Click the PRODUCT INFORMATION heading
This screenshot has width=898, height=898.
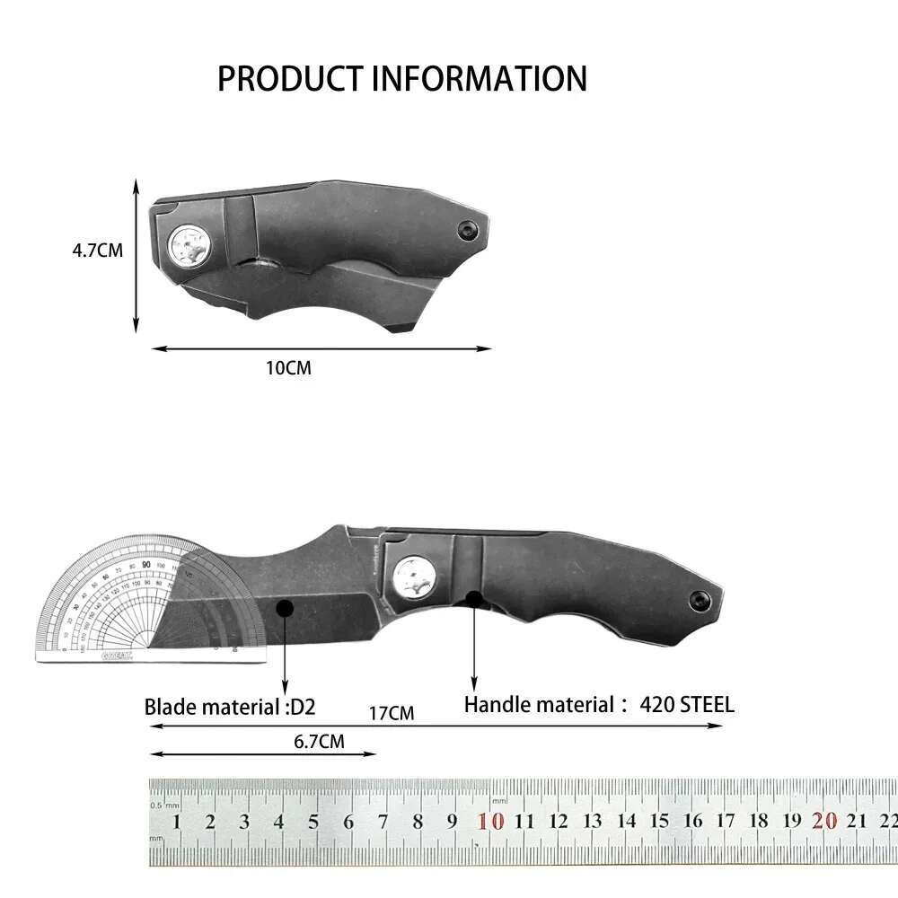coord(401,79)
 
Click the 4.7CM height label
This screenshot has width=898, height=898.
coord(97,251)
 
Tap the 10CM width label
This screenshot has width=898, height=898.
coord(289,368)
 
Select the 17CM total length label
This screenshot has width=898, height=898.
coord(392,714)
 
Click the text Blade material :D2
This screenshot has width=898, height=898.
coord(230,707)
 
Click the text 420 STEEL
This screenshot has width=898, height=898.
coord(687,705)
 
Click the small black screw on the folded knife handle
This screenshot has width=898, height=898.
coord(467,230)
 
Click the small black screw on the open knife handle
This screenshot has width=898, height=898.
coord(698,597)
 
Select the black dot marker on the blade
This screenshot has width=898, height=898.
coord(285,608)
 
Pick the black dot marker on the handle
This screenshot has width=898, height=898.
coord(473,598)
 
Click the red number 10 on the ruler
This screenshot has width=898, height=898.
coord(490,821)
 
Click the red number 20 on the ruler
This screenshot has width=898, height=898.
coord(824,821)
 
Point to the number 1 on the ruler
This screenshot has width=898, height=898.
coord(177,822)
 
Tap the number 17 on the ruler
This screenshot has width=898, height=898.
coord(726,821)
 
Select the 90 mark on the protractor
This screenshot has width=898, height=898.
coord(145,564)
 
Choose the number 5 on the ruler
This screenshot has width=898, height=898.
coord(313,822)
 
